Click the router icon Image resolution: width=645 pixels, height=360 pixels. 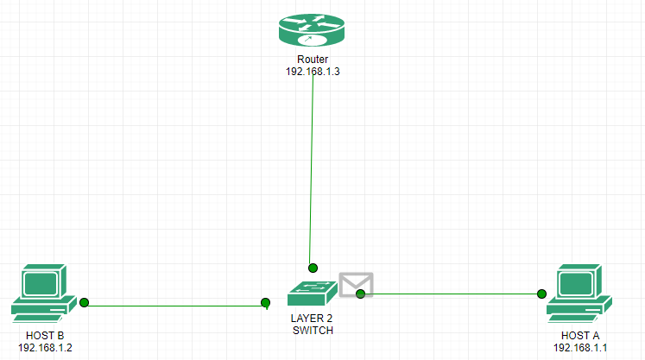pos(312,31)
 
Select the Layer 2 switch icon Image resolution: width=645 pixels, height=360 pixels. pos(312,293)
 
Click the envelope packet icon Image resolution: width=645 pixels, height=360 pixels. pos(356,284)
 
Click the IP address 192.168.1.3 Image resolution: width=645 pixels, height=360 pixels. pos(313,72)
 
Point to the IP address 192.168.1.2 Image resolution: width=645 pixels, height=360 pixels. pos(44,347)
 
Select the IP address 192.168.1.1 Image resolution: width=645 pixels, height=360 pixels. pos(580,347)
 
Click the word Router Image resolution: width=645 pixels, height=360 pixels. pos(313,60)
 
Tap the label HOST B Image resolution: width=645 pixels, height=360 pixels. pos(44,335)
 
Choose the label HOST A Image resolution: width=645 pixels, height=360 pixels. pos(580,335)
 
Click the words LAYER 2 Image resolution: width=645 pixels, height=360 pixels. pos(312,319)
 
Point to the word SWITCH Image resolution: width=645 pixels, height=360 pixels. pos(312,330)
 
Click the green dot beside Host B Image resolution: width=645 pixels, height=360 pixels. pos(85,302)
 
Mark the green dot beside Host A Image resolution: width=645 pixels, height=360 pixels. pos(542,294)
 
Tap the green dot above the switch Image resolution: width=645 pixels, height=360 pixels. pos(313,268)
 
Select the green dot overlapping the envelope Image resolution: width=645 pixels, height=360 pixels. pos(361,294)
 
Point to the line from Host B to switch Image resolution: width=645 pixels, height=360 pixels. pos(173,305)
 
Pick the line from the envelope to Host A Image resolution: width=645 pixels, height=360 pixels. pos(449,294)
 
